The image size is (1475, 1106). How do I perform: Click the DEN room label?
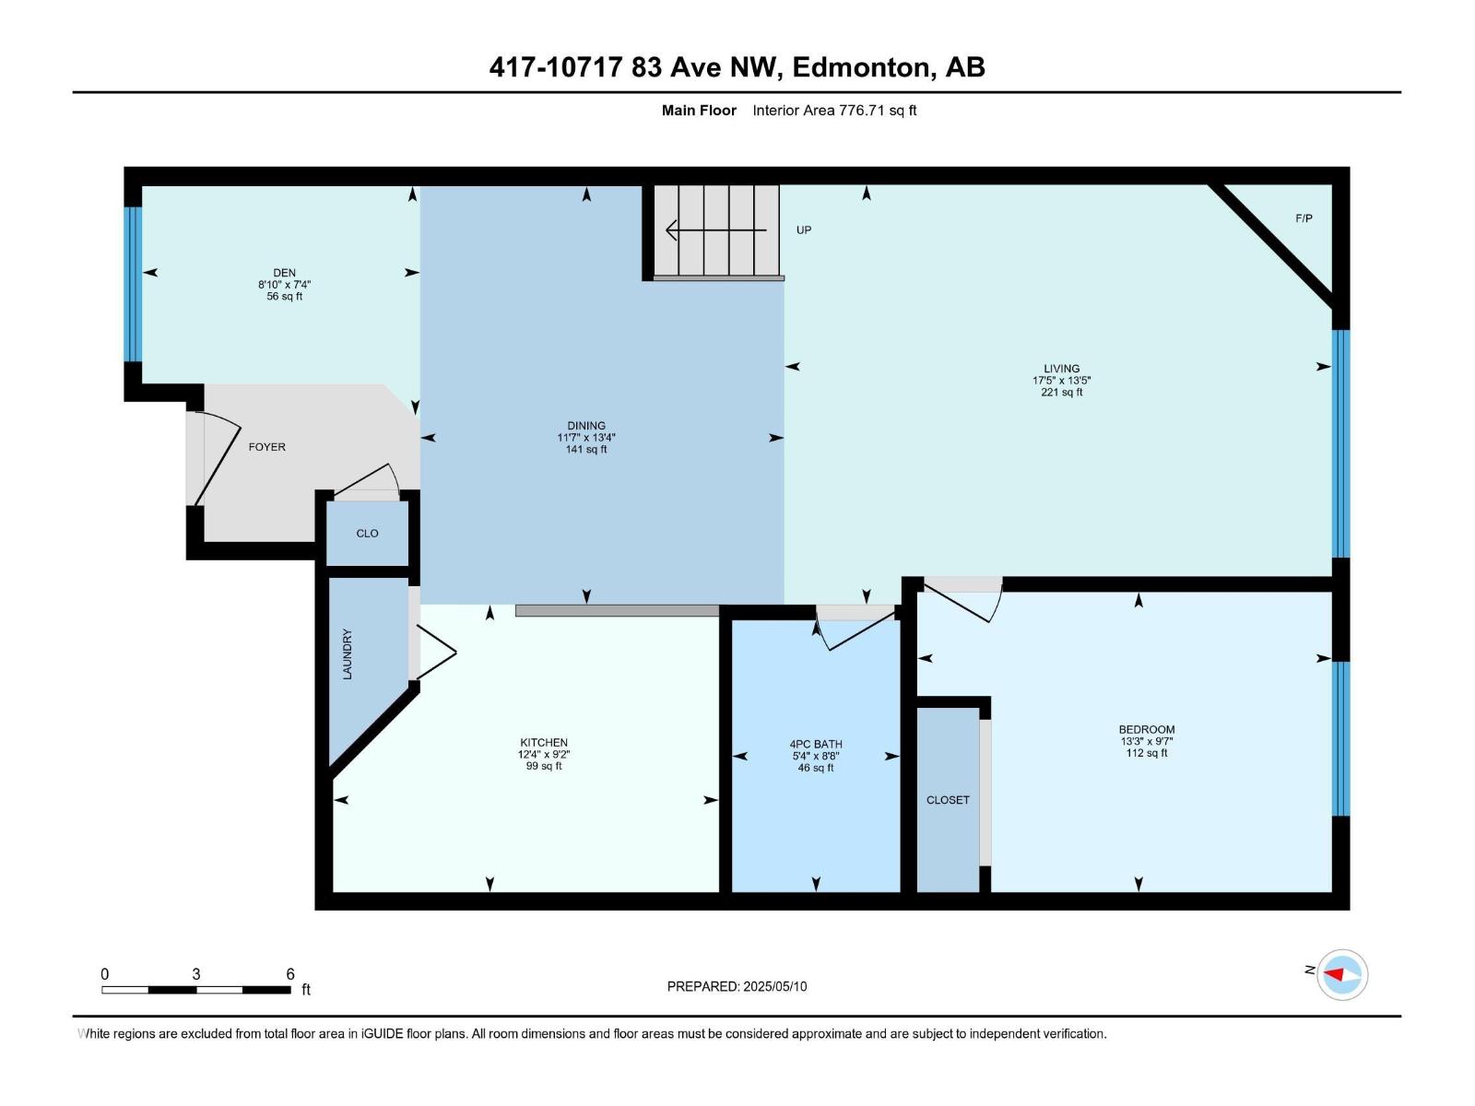pos(284,273)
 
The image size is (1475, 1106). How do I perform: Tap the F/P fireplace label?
pos(1304,218)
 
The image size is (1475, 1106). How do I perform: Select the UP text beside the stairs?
pos(804,229)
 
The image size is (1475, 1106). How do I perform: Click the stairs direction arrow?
pos(715,229)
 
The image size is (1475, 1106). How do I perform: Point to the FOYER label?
pos(267,447)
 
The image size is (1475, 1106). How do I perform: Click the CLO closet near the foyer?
pos(367,534)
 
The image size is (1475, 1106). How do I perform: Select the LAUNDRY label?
pos(348,654)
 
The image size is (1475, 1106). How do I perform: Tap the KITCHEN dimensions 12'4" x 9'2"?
pos(544,755)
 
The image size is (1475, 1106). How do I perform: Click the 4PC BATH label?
pos(816,744)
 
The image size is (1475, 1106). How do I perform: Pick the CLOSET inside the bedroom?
pos(948,800)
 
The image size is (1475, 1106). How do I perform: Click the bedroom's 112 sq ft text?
pos(1147,753)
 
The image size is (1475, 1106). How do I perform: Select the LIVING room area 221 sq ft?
pos(1062,393)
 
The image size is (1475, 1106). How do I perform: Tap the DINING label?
pos(586,426)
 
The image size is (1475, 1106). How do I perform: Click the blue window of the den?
pos(134,284)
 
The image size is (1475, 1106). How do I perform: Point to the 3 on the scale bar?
pos(196,974)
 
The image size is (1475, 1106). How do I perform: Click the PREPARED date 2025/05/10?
pos(773,986)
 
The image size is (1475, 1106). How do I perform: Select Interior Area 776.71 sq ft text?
pos(834,111)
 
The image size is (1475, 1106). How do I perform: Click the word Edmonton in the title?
pos(860,67)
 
